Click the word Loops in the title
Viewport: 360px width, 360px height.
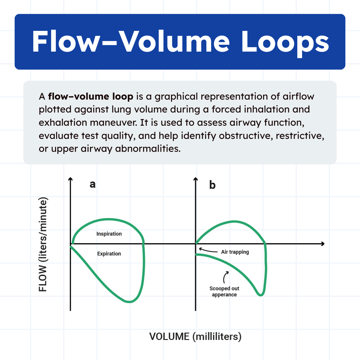coord(285,42)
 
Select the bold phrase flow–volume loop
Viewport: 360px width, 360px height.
coord(90,97)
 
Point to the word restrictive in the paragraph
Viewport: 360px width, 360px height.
coord(300,136)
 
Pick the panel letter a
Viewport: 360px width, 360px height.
coord(92,184)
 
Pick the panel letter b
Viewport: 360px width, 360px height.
coord(212,185)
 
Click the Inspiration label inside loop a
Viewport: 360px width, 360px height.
coord(109,234)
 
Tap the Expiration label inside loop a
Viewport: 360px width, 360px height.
coord(109,254)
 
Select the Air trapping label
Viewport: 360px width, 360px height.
coord(235,252)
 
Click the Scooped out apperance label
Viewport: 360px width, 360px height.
coord(224,292)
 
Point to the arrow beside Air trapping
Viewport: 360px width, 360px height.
coord(208,250)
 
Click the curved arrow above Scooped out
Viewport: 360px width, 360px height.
coord(226,277)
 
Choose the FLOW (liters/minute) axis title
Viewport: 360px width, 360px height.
coord(43,244)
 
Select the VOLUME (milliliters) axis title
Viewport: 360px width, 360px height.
coord(195,337)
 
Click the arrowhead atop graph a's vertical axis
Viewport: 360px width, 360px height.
coord(70,179)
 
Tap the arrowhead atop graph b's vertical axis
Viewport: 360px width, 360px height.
coord(196,179)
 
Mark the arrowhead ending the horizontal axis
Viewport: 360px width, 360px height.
coord(322,244)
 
